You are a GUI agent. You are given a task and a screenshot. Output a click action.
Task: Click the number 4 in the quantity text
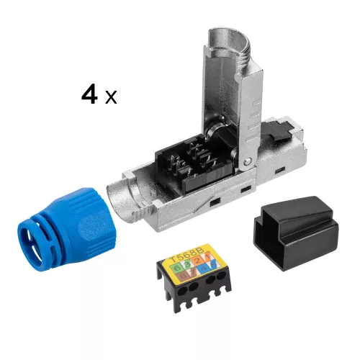point(89,95)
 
